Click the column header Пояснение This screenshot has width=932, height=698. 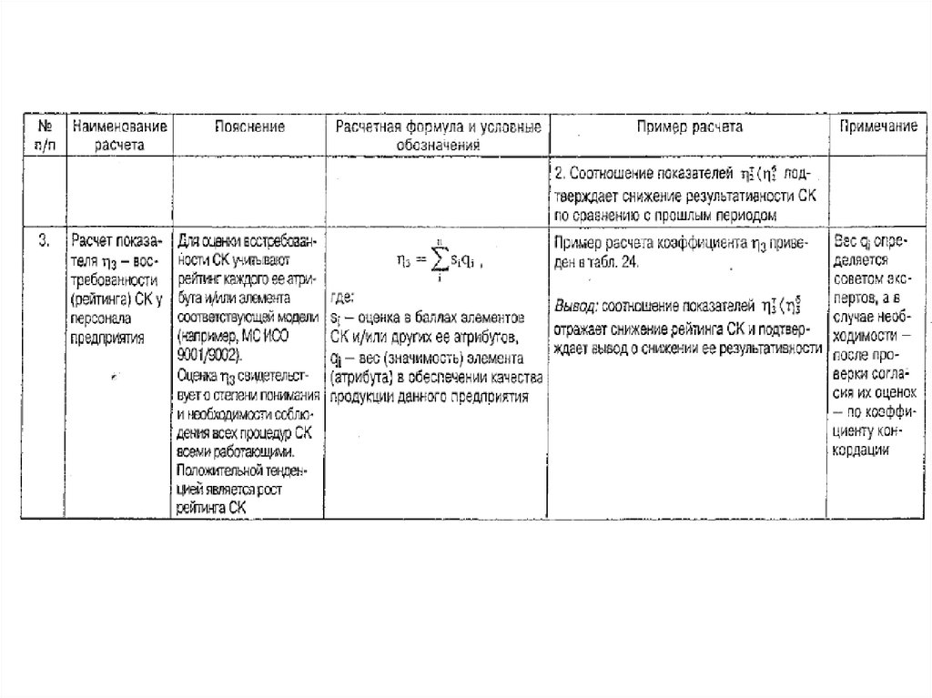click(249, 126)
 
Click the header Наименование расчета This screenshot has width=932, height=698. click(119, 135)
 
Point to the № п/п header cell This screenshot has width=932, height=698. click(43, 135)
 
